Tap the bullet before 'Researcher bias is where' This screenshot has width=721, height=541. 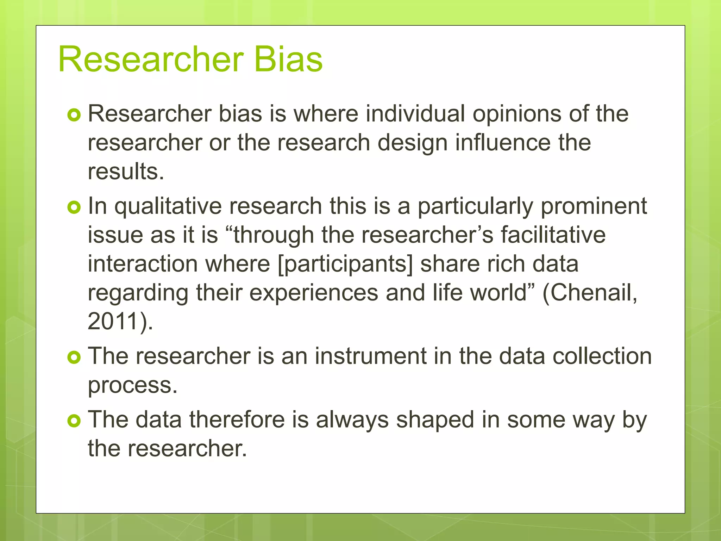pyautogui.click(x=74, y=115)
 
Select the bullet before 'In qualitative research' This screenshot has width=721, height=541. pyautogui.click(x=74, y=207)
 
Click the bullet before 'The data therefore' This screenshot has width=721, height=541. pyautogui.click(x=74, y=421)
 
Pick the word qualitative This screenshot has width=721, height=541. pyautogui.click(x=168, y=207)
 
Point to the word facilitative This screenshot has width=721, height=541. pyautogui.click(x=553, y=235)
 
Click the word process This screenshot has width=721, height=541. pyautogui.click(x=132, y=386)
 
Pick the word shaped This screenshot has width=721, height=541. pyautogui.click(x=435, y=420)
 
